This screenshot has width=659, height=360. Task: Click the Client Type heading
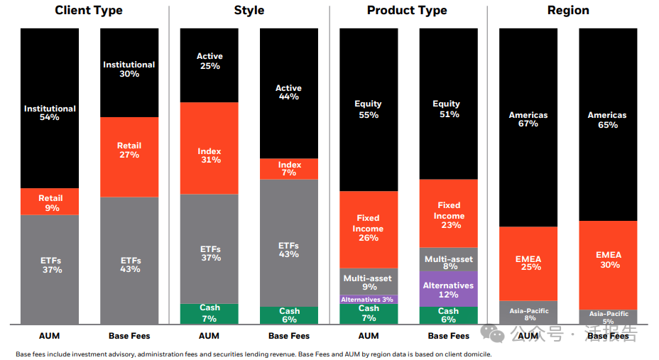pos(89,11)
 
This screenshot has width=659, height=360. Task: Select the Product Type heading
pos(407,11)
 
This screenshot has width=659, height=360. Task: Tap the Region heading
pos(568,11)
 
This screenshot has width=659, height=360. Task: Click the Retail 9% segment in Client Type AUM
pos(50,202)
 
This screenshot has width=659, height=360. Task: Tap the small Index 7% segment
pos(289,168)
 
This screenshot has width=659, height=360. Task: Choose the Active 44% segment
pos(289,92)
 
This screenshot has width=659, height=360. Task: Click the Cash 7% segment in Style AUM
pos(209,313)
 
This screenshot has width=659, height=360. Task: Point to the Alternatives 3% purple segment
pos(369,300)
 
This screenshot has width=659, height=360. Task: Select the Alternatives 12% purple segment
pos(448,288)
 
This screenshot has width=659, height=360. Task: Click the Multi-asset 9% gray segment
pos(369,282)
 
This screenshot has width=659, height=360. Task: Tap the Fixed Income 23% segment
pos(448,214)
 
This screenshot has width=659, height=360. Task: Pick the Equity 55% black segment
pos(369,109)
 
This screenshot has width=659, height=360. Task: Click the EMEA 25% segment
pos(528,263)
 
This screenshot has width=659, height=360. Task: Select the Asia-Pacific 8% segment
pos(528,313)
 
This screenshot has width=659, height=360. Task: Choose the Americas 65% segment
pos(608,121)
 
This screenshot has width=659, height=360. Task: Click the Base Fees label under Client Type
pos(129,336)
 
